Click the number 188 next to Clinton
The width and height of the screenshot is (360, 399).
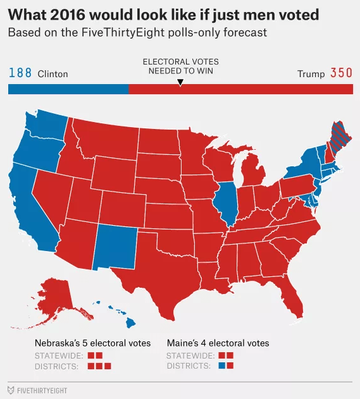click(x=20, y=73)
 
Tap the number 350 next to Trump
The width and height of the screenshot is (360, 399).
click(x=341, y=73)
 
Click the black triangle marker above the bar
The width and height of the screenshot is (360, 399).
click(x=180, y=82)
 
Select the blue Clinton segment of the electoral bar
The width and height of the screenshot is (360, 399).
click(x=68, y=89)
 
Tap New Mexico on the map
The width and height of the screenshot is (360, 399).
click(x=115, y=247)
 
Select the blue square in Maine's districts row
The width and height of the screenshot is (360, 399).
click(x=221, y=365)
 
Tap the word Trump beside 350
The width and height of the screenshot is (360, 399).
click(x=311, y=74)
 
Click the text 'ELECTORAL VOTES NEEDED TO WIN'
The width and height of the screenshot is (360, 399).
click(x=180, y=66)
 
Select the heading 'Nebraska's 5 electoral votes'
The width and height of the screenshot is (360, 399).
click(x=92, y=343)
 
